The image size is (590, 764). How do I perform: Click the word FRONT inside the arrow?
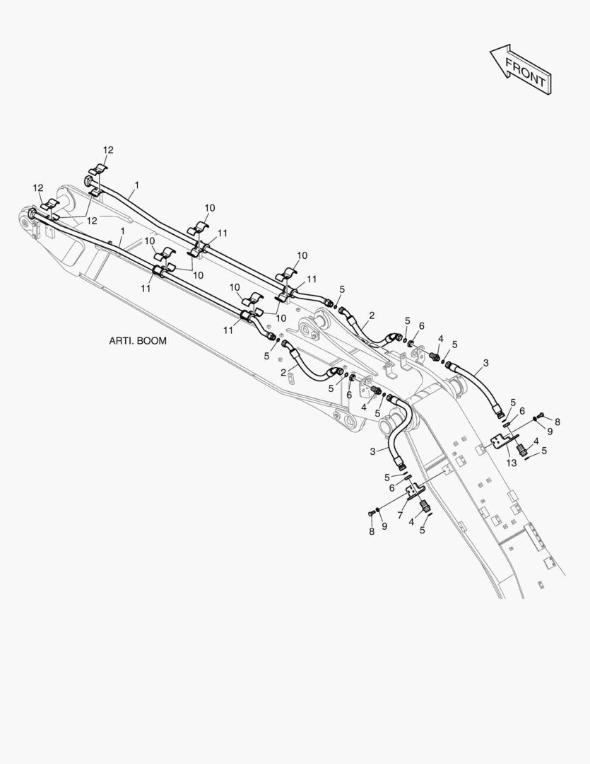525,71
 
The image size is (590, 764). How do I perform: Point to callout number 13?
511,463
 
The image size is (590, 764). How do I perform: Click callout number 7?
400,516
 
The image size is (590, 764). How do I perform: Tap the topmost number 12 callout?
108,150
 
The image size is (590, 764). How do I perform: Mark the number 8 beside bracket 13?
557,422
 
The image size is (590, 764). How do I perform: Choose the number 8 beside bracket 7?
372,531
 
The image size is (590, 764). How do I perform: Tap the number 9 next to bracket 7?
384,526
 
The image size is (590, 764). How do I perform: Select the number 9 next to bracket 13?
550,432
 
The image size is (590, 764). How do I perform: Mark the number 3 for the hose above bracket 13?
486,363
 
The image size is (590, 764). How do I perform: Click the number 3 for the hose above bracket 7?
372,451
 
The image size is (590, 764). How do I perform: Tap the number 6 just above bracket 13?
522,411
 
